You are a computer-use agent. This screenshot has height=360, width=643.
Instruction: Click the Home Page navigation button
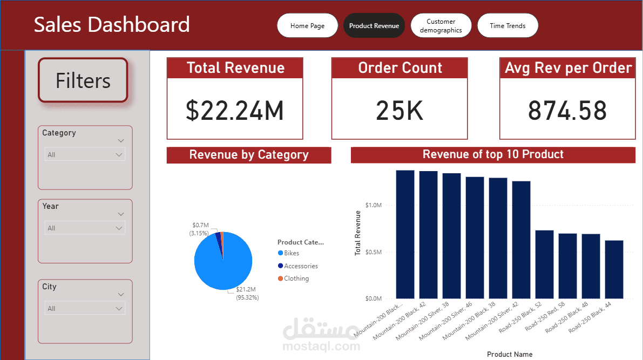coord(307,26)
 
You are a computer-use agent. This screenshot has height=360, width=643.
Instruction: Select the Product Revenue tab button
coord(374,26)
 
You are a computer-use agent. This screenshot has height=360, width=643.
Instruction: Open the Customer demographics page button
coord(441,26)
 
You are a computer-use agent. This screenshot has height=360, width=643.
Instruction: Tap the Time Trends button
coord(507,26)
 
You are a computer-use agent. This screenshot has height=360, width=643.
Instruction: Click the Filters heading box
coord(83,80)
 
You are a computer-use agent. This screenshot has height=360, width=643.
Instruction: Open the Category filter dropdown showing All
coord(85,154)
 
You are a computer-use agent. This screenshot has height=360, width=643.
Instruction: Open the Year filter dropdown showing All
coord(85,228)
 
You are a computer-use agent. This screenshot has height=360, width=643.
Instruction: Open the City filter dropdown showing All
coord(85,308)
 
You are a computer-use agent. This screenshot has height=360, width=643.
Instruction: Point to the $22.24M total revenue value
coord(235,110)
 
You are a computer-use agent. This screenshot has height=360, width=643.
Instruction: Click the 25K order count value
coord(400,110)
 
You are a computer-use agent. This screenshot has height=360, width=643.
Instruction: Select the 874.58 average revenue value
coord(567,110)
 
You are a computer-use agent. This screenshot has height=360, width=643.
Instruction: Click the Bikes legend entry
coord(291,253)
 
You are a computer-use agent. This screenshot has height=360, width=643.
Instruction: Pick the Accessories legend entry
coord(300,266)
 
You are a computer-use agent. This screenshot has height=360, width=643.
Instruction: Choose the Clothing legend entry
coord(296,279)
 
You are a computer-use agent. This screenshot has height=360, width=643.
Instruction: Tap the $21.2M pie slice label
coord(246,290)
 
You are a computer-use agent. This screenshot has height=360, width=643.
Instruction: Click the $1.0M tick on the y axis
coord(374,205)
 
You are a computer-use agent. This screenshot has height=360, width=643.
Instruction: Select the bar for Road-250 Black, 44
coord(614,269)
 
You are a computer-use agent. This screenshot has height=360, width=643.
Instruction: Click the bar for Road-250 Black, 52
coord(544,264)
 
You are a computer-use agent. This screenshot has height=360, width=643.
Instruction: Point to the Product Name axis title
coord(510,355)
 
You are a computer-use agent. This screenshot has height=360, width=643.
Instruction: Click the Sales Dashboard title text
coord(112,25)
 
